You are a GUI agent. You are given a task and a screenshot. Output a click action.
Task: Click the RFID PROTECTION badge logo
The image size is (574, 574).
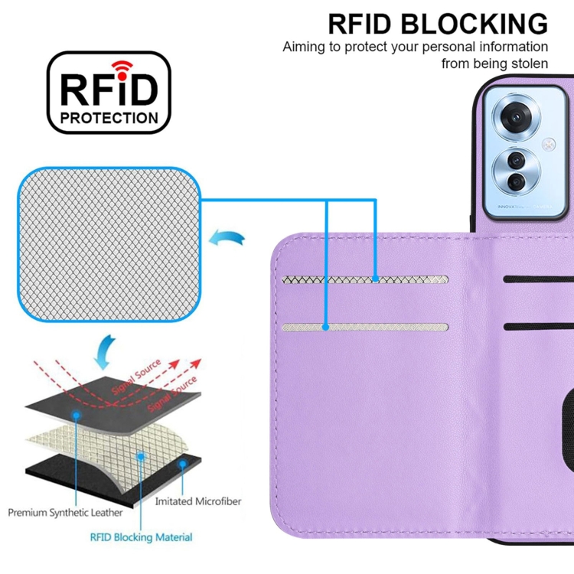pos(109,93)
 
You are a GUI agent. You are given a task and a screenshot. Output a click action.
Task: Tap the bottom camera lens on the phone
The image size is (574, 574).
pos(517,181)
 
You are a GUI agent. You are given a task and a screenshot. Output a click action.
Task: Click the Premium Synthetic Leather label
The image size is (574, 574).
pos(65,511)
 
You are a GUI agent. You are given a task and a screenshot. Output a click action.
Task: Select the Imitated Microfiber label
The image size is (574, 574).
pos(197,502)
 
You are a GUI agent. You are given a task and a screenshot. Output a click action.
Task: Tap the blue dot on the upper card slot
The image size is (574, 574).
pos(376,280)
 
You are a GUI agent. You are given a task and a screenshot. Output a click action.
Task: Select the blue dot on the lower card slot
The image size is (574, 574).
pos(326,327)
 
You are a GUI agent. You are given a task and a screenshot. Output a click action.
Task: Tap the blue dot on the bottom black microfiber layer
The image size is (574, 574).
pos(182,465)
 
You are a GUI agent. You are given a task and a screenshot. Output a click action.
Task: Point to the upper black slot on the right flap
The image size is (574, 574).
pos(540,279)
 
